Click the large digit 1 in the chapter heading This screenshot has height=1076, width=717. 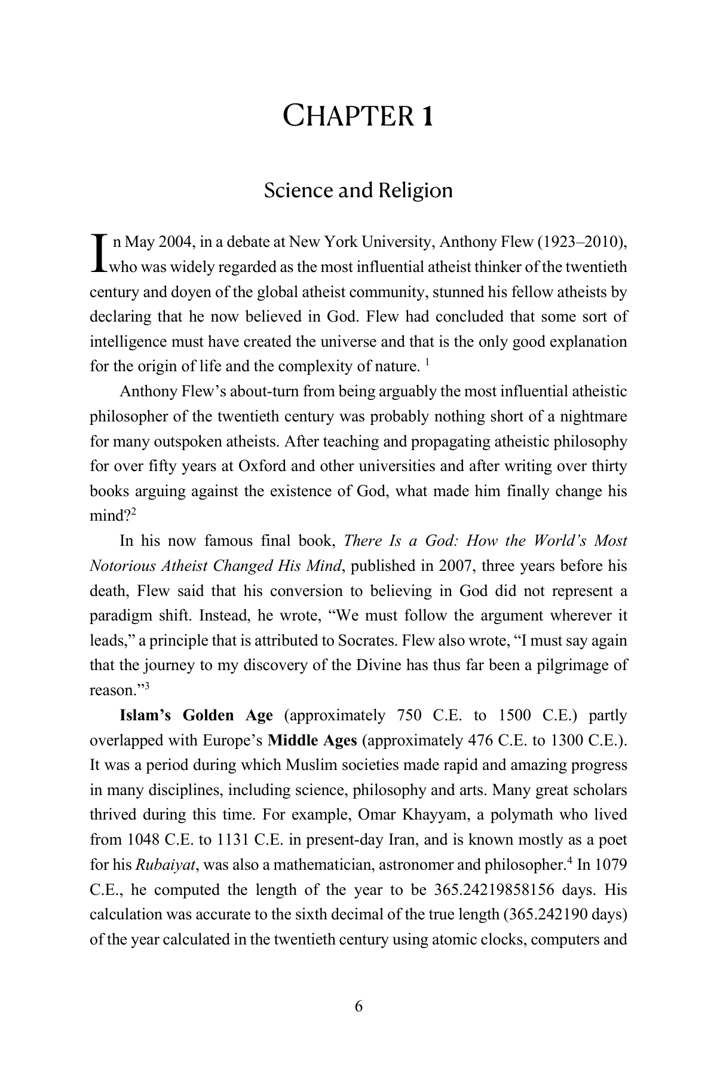[427, 116]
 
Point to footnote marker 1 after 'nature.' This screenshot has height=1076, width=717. [428, 361]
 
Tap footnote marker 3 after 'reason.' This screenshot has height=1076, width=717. [146, 686]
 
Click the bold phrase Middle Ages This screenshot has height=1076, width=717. [312, 740]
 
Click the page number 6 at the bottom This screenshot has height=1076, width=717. [358, 1006]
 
